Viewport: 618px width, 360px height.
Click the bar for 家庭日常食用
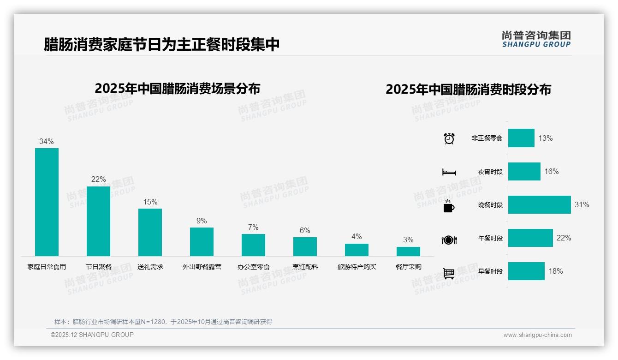coord(47,202)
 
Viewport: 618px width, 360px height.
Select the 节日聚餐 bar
coord(98,221)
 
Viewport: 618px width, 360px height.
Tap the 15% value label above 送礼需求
coord(150,202)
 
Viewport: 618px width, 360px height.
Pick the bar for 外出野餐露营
coord(202,241)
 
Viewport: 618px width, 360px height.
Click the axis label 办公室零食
coord(253,267)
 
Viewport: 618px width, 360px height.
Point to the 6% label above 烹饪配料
coord(305,230)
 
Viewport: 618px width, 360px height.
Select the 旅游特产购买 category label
coord(357,267)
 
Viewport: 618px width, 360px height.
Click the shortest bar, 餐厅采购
coord(408,251)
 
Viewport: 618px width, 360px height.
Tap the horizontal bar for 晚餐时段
coord(539,204)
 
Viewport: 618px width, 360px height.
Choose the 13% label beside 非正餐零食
coord(546,138)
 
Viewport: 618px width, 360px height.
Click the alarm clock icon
coord(449,138)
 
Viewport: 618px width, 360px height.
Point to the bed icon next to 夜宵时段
coord(449,172)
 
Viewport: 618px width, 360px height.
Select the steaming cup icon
coord(449,206)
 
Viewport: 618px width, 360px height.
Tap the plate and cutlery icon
coord(449,240)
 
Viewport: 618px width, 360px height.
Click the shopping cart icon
coord(449,273)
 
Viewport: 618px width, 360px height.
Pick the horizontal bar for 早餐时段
coord(526,271)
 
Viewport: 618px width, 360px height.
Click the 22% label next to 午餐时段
coord(564,238)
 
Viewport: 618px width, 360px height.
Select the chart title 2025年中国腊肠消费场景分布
coord(178,89)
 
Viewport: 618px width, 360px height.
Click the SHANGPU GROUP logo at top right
coord(536,39)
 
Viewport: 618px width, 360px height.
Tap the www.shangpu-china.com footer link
coord(537,335)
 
